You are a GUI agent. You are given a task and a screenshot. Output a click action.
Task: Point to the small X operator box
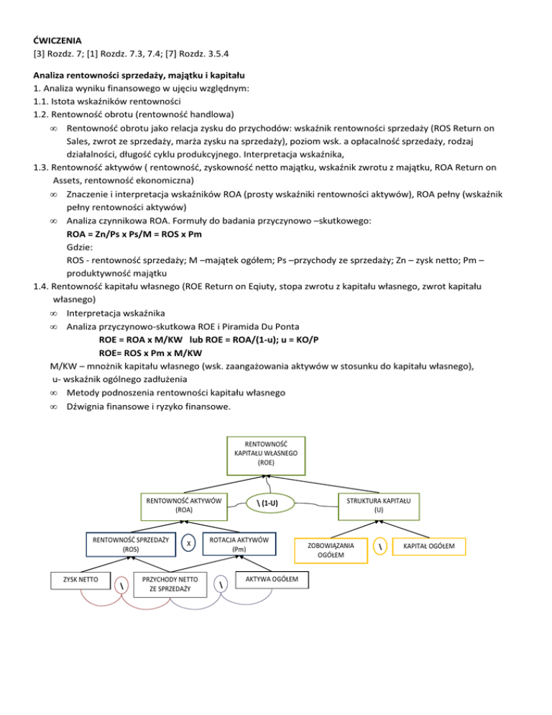(x=188, y=544)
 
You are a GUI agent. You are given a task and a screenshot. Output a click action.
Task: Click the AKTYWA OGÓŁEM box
(x=267, y=579)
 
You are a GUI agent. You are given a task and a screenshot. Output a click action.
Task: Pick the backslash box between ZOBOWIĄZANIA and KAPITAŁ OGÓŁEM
(x=379, y=548)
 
